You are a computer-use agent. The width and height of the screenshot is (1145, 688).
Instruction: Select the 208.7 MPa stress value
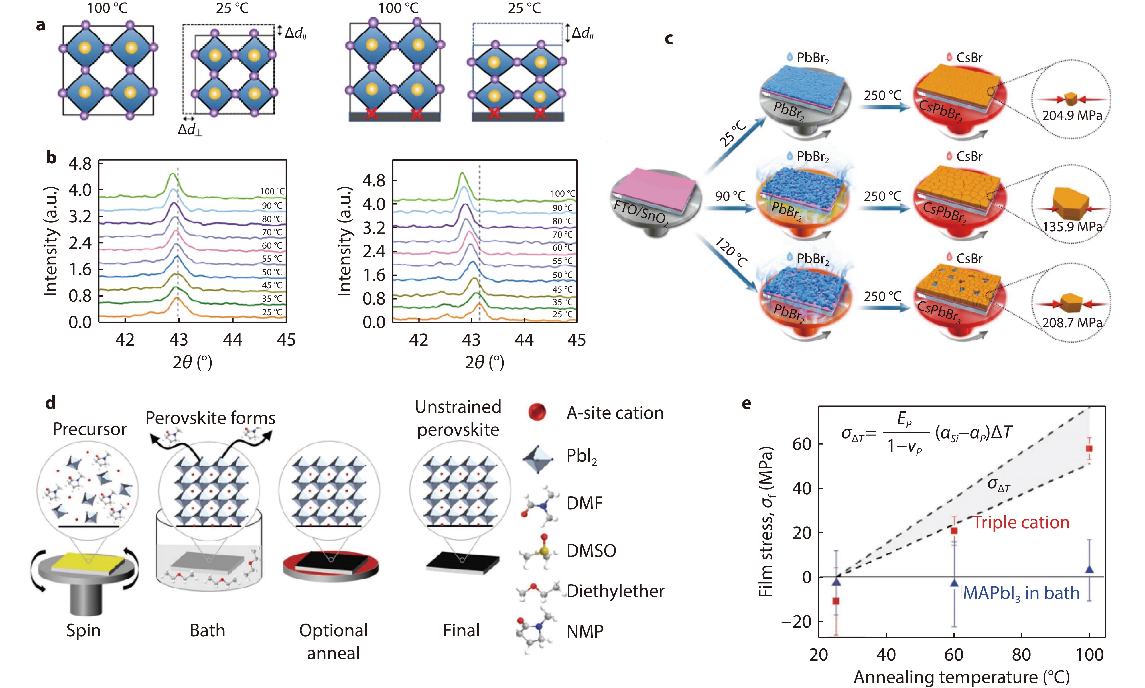point(1072,323)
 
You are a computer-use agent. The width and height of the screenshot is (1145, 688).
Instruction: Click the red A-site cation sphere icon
point(537,412)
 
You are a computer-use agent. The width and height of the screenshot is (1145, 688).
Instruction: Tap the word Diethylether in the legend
point(615,591)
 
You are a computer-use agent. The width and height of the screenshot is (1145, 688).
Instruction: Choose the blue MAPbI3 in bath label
point(1021,593)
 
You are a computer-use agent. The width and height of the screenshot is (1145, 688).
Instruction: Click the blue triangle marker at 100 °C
point(1089,569)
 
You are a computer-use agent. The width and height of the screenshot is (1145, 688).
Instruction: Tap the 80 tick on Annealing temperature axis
point(1021,655)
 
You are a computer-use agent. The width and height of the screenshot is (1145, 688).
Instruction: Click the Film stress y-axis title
point(766,521)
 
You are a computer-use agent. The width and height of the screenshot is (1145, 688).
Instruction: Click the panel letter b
point(51,158)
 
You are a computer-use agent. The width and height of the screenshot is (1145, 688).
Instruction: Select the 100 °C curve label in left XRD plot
point(272,192)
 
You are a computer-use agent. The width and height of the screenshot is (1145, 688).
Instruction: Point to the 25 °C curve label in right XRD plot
point(562,314)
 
